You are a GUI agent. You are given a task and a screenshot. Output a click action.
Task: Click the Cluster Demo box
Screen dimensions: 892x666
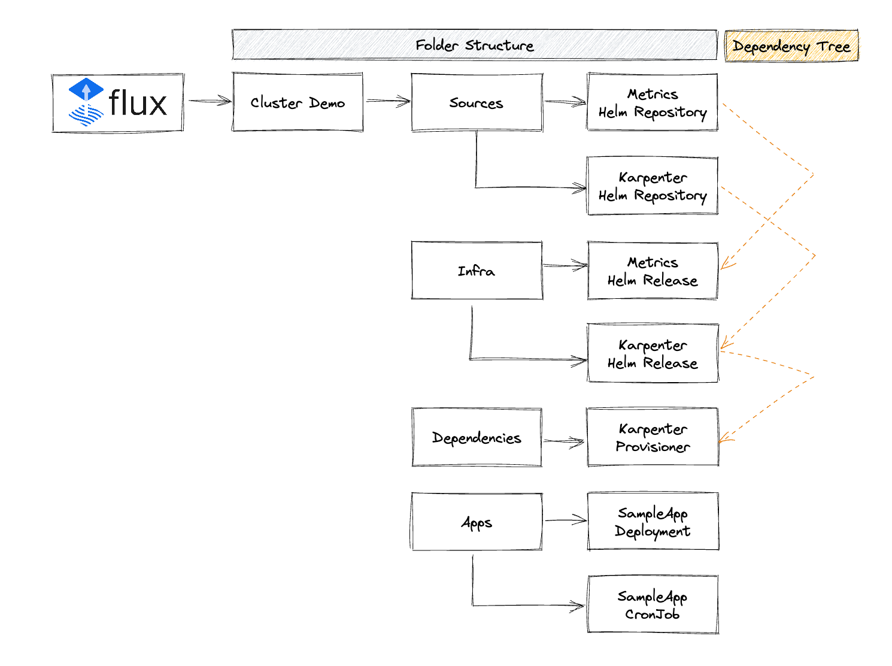(x=297, y=102)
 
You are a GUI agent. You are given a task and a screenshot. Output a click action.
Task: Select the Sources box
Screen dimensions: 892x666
(x=477, y=102)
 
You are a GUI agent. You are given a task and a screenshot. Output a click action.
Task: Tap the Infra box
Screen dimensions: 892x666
(x=477, y=270)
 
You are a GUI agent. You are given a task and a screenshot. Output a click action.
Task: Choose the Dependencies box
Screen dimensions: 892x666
(x=477, y=437)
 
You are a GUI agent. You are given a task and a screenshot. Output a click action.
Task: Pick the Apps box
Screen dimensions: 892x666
(x=477, y=522)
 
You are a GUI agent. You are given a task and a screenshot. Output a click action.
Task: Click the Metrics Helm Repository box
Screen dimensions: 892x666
(x=652, y=102)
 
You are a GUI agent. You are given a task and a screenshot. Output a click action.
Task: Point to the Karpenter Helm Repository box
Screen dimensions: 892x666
(x=652, y=186)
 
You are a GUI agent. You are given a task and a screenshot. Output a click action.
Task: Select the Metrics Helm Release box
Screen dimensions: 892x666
(x=652, y=271)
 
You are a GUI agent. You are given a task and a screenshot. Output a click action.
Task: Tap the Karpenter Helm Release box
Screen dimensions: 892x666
(x=653, y=353)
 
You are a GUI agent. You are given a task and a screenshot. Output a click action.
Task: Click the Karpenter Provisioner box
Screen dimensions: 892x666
(x=653, y=437)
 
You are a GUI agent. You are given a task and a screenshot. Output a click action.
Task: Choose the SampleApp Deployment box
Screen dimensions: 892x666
(x=653, y=521)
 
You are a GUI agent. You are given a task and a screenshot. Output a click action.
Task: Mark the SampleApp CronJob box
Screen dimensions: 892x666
(x=653, y=604)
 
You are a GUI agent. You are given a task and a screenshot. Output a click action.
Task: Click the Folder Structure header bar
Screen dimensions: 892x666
(x=474, y=45)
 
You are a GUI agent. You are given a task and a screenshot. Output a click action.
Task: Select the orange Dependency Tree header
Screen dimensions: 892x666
(x=791, y=46)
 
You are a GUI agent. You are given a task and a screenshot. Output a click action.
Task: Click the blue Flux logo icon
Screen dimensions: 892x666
(x=86, y=102)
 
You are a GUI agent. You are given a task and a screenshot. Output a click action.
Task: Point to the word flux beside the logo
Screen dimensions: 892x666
(x=138, y=102)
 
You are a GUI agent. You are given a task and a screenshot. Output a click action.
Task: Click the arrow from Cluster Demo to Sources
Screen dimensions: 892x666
(x=388, y=101)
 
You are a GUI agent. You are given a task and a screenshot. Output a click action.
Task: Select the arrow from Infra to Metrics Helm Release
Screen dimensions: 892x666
(x=565, y=265)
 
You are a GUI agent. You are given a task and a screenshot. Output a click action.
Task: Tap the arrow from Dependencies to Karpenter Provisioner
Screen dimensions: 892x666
(x=564, y=441)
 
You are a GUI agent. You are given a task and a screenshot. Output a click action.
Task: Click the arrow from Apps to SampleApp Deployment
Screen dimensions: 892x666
(x=566, y=520)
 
